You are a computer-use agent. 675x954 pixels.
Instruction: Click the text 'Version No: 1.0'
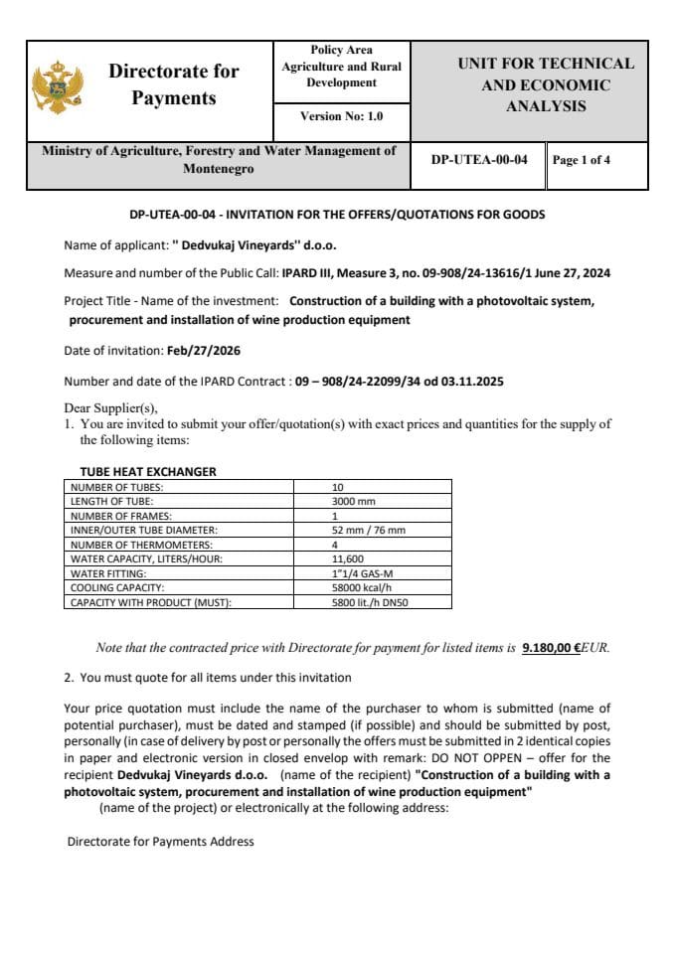tap(341, 116)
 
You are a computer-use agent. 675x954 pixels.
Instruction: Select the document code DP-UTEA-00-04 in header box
tap(479, 159)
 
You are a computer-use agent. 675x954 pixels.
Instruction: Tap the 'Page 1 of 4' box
tap(582, 160)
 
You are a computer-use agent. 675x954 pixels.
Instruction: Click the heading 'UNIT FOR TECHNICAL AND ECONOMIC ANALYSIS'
tap(545, 84)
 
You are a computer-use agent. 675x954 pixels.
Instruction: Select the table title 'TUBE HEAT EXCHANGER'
tap(148, 472)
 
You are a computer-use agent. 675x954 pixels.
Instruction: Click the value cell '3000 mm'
tap(353, 501)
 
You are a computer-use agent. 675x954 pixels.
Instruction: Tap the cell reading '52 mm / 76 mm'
tap(369, 530)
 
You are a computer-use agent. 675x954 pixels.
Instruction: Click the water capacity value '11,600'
tap(348, 558)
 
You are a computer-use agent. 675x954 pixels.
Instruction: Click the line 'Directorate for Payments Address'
tap(160, 842)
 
